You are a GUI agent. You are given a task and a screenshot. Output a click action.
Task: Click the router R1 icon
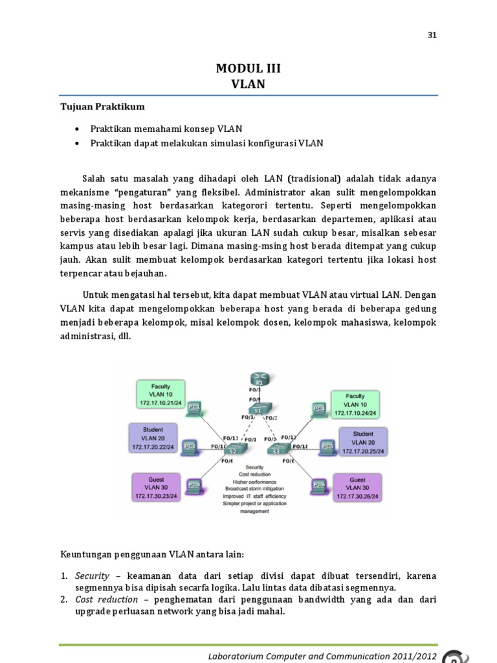[x=258, y=380]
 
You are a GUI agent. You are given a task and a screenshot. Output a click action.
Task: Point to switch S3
[x=283, y=448]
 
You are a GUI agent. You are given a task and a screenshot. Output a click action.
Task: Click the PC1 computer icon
[x=193, y=408]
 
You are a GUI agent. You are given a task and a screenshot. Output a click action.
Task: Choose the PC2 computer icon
[x=189, y=446]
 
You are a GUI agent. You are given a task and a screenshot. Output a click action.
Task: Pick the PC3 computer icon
[x=193, y=484]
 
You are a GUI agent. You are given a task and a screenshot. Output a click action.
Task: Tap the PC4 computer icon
[x=318, y=409]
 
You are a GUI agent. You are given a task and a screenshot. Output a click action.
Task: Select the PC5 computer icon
[x=327, y=447]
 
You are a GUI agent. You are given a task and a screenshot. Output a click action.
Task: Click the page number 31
[x=432, y=36]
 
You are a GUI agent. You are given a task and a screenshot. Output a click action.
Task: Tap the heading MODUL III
[x=248, y=69]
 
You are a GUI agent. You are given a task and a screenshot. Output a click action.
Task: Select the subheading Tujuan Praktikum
[x=102, y=106]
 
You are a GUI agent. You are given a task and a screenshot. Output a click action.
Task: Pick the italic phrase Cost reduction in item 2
[x=106, y=600]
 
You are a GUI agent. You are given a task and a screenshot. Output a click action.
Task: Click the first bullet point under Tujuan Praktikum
[x=78, y=129]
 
